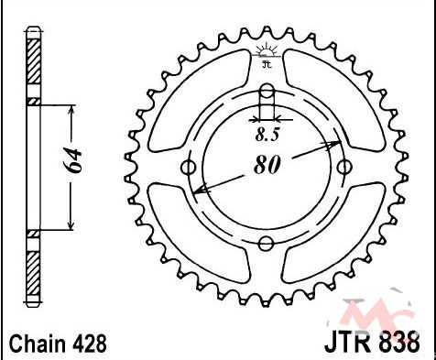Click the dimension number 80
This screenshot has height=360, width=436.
(x=267, y=165)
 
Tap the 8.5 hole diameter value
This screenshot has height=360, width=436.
(x=267, y=135)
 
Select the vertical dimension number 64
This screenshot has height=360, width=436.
(x=73, y=161)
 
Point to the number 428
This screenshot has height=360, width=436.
(x=90, y=344)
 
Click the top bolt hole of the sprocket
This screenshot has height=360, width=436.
(x=267, y=91)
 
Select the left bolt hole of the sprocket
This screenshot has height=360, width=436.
(x=188, y=168)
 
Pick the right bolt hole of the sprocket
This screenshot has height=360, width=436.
(x=344, y=167)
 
